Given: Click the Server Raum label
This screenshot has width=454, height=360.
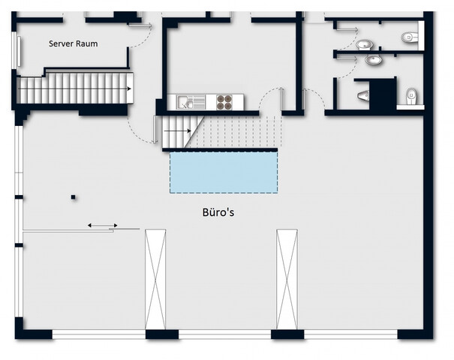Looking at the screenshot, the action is tap(73, 43).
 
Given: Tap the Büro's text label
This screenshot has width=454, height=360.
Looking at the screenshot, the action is tap(218, 212).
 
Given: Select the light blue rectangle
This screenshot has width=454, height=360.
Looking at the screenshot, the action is tap(224, 172).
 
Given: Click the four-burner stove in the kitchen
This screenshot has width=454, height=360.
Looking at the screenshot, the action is tap(224, 102).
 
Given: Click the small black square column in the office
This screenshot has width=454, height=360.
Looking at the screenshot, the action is tap(74, 197).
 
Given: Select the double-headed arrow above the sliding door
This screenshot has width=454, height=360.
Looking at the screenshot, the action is tap(103, 225).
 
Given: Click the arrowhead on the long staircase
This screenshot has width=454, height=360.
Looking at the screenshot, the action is tap(129, 88).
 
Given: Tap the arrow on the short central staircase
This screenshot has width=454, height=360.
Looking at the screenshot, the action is tap(178, 130).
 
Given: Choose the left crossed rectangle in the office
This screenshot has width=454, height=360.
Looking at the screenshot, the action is tap(155, 279).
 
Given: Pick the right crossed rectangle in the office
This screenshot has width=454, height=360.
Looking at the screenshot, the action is tap(287, 279).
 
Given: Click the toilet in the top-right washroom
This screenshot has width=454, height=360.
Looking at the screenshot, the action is tap(410, 37).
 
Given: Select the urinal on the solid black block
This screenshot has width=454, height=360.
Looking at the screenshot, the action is tap(363, 95).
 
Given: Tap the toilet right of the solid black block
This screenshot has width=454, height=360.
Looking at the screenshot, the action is tap(411, 96).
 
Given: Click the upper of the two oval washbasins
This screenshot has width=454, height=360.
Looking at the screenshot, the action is tap(364, 45).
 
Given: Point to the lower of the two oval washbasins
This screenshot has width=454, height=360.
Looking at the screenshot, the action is tap(373, 60).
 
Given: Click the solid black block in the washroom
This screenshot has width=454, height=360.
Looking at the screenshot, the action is tap(382, 94).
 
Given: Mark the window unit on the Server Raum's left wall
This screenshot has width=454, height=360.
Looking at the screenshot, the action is tap(16, 50).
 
